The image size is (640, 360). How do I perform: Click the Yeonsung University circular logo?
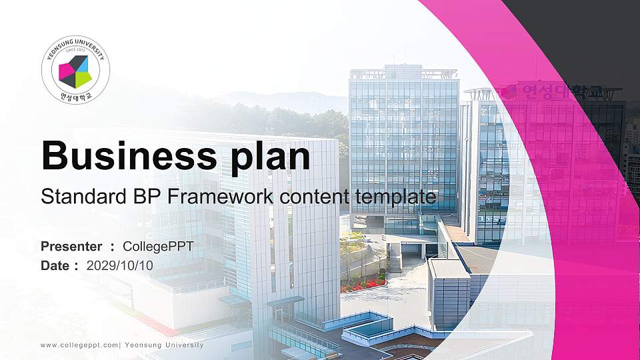click(x=75, y=71)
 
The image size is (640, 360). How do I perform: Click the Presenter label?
click(x=71, y=247)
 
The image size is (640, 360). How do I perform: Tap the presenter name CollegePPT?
click(x=159, y=247)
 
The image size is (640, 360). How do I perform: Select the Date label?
click(x=55, y=265)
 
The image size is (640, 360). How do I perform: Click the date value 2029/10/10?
click(x=120, y=265)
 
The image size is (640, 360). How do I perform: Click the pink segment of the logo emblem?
click(x=65, y=70)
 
